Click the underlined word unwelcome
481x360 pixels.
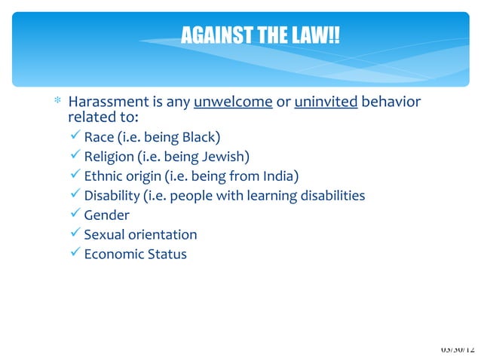tap(232, 102)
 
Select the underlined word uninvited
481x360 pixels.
tap(326, 102)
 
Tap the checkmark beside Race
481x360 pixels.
tap(74, 137)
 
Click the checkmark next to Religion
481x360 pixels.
tap(74, 157)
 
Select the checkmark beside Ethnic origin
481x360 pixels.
tap(74, 176)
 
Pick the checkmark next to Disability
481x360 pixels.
tap(74, 196)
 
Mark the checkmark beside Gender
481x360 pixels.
tap(74, 215)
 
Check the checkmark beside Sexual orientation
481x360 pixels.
tap(74, 235)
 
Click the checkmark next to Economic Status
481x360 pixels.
tap(74, 255)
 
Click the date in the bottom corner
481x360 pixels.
tap(458, 350)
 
